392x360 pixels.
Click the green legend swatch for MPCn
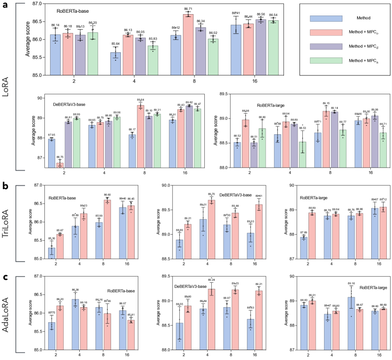(322, 60)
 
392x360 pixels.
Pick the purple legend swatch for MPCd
(322, 46)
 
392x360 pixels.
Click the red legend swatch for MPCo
(322, 32)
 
